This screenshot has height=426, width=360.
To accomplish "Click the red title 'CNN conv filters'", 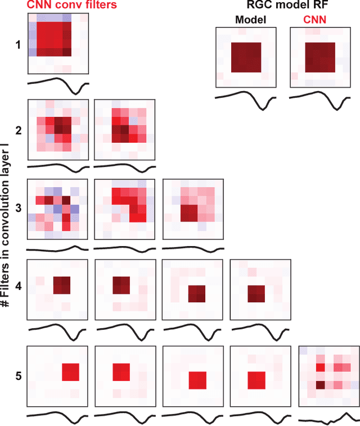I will [x=65, y=5].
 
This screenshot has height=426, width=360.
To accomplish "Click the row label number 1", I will [x=18, y=44].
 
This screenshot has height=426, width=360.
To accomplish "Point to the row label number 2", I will [x=18, y=130].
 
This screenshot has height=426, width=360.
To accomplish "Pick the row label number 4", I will [x=18, y=287].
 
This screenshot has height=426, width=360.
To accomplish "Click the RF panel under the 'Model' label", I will [x=245, y=58].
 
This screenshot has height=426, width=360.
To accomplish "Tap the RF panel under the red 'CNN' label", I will [x=319, y=58].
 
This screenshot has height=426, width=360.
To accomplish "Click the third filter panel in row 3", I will [x=193, y=209].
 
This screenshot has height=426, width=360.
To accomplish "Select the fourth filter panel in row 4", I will [x=260, y=289].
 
